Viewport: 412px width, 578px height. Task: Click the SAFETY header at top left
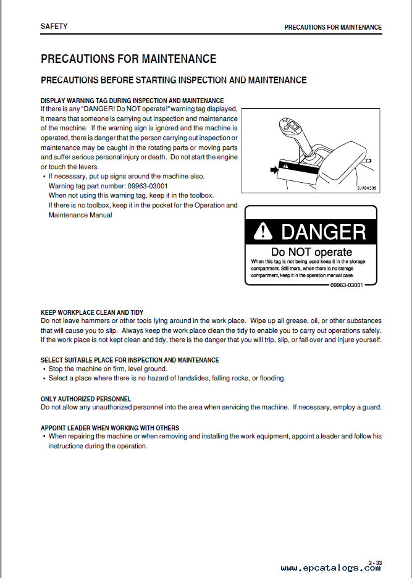[x=54, y=27]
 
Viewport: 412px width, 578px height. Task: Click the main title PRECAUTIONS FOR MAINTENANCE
[x=128, y=59]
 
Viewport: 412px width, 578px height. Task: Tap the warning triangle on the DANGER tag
[x=264, y=232]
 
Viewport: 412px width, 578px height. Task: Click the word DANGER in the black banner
[x=323, y=232]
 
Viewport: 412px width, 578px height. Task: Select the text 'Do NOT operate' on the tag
[x=311, y=252]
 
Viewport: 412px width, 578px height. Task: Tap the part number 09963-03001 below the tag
[x=347, y=285]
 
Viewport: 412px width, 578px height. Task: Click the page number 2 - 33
[x=375, y=563]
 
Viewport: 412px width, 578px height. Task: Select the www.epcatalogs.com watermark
[x=330, y=568]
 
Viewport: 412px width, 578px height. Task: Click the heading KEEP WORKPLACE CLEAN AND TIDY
[x=92, y=313]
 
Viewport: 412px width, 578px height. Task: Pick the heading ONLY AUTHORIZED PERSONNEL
[x=86, y=400]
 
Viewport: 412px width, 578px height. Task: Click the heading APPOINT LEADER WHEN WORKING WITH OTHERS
[x=110, y=428]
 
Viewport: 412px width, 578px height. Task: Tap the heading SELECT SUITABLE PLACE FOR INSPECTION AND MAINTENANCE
[x=130, y=360]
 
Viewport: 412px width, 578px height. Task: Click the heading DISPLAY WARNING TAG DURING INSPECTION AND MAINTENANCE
[x=132, y=101]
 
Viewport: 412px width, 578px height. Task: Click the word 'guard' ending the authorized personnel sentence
[x=371, y=408]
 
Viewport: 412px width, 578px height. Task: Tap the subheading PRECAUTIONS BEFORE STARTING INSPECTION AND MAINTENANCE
[x=174, y=80]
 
